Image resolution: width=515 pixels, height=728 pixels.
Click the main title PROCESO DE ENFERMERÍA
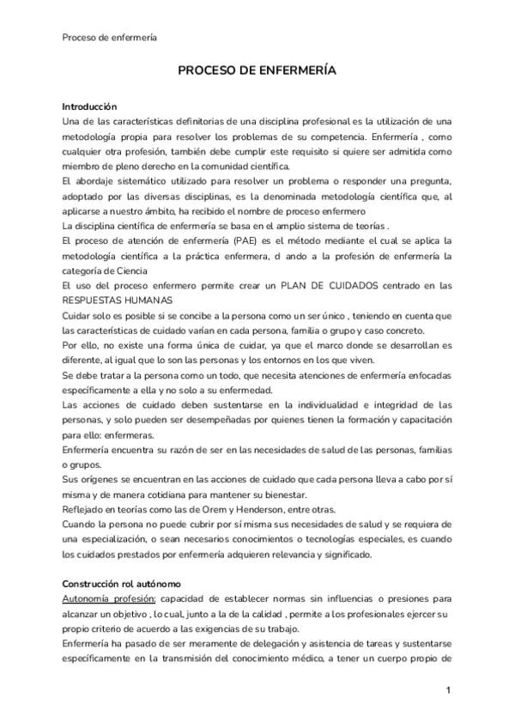[257, 72]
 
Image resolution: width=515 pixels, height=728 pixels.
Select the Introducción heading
[89, 106]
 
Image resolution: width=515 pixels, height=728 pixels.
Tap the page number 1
[447, 690]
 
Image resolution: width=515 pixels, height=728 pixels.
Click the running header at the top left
[109, 37]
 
